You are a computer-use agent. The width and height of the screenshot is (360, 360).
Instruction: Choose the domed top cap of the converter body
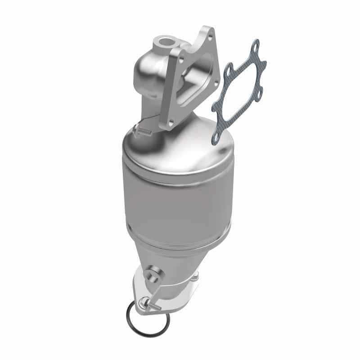pyautogui.click(x=180, y=139)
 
